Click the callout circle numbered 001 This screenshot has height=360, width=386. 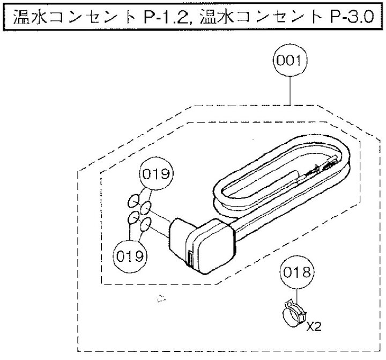coord(290,61)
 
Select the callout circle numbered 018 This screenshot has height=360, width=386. coord(296,273)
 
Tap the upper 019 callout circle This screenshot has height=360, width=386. coord(157,173)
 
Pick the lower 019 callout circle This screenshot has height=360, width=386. coord(130,256)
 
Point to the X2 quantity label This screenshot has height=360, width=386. coord(314,327)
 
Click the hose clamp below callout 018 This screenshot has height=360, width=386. coord(294,313)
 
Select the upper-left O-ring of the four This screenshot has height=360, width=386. coord(133,201)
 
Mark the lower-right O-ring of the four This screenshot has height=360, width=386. coord(145,224)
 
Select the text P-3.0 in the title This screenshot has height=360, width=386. coord(352,17)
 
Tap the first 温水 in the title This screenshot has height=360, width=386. coord(30,17)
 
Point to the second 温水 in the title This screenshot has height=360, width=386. coord(217,17)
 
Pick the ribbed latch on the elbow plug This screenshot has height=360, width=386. coord(190,259)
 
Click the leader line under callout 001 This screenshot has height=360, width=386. coord(290,91)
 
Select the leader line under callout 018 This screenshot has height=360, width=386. coord(296,297)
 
